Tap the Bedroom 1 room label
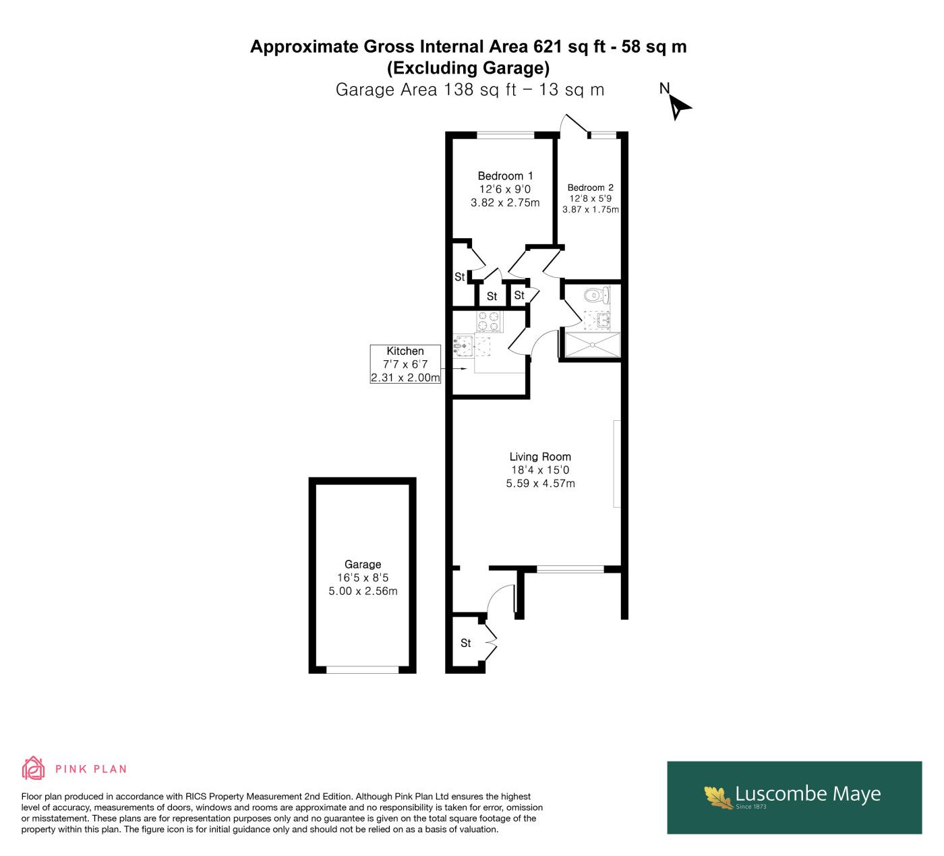tap(505, 176)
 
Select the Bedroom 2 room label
tap(590, 188)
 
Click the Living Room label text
tap(539, 457)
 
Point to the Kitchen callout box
tap(405, 364)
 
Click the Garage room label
tap(362, 564)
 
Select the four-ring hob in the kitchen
tap(489, 322)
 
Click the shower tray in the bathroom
tap(593, 345)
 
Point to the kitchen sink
tap(463, 346)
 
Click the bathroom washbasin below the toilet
tap(602, 320)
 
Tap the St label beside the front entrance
tap(465, 643)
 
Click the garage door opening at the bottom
tap(362, 670)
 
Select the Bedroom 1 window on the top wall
tap(506, 136)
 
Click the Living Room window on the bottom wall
tap(570, 569)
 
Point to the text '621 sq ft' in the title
tap(569, 47)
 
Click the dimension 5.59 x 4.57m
tap(540, 484)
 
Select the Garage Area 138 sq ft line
tap(470, 90)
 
